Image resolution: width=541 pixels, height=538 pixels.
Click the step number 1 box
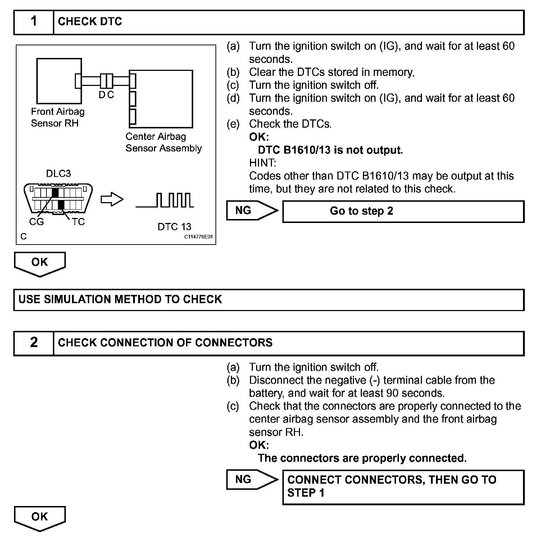34,22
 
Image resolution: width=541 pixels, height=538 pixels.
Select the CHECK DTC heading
90,22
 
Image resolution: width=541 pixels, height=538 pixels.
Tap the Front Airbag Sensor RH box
59,81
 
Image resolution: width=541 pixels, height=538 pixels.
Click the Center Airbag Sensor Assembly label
164,142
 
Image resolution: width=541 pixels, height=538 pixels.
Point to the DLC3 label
59,174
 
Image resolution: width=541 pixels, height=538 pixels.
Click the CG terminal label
36,222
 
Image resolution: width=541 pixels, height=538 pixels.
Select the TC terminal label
78,222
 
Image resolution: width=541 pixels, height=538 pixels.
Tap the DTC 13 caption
174,227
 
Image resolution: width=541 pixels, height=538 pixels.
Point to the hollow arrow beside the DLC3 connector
112,200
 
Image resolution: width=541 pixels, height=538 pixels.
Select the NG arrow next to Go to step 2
252,211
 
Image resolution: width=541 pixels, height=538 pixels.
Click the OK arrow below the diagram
40,264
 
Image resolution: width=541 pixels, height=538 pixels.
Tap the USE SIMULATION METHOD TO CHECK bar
269,300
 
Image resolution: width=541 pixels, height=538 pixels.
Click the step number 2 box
34,343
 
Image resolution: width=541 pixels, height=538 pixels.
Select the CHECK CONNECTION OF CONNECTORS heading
165,343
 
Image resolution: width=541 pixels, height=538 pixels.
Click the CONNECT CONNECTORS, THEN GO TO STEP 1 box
403,487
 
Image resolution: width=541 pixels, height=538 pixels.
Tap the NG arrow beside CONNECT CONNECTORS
252,480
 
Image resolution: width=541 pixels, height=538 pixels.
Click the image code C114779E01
199,237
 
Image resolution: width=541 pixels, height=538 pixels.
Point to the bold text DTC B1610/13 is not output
330,150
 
